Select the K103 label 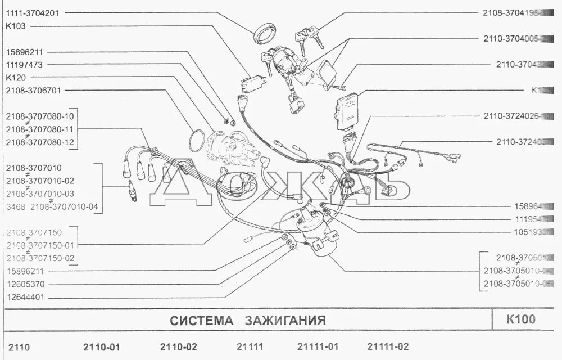(x=15, y=26)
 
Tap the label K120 (x=15, y=78)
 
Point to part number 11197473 (x=24, y=65)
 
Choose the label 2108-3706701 (x=34, y=91)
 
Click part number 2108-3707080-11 (x=40, y=129)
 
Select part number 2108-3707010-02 (x=40, y=181)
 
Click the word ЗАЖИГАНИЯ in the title (x=285, y=321)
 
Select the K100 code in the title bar (x=521, y=319)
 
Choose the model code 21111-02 (x=388, y=347)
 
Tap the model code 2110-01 (x=102, y=347)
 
